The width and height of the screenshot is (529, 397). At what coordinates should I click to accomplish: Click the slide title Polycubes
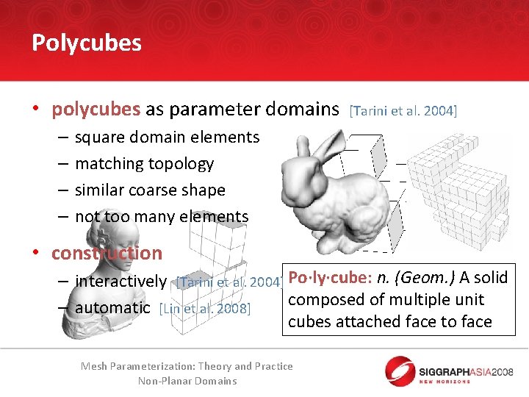coord(87,43)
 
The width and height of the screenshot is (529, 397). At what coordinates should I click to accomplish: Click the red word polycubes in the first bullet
coord(96,110)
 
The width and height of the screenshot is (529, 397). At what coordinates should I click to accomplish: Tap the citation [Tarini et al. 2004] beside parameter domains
coord(403,111)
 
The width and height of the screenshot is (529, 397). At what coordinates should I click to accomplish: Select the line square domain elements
coord(167,137)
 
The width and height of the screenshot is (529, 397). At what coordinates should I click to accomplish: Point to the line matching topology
coord(144,164)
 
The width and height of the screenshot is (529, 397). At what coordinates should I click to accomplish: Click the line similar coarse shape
coord(150,190)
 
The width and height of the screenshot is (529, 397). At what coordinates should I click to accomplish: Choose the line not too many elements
coord(162,217)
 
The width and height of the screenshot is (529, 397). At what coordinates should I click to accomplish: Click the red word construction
coord(107,254)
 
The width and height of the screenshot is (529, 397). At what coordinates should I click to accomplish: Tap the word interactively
coord(121,282)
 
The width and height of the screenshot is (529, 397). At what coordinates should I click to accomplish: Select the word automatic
coord(112,308)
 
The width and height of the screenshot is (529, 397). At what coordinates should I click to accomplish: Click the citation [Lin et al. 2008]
coord(205,309)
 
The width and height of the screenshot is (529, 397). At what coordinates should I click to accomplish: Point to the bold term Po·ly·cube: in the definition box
coord(330,278)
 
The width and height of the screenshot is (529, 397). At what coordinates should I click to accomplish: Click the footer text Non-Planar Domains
coord(187,381)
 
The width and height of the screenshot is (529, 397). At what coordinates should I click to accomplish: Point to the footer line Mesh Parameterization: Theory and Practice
coord(187,366)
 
